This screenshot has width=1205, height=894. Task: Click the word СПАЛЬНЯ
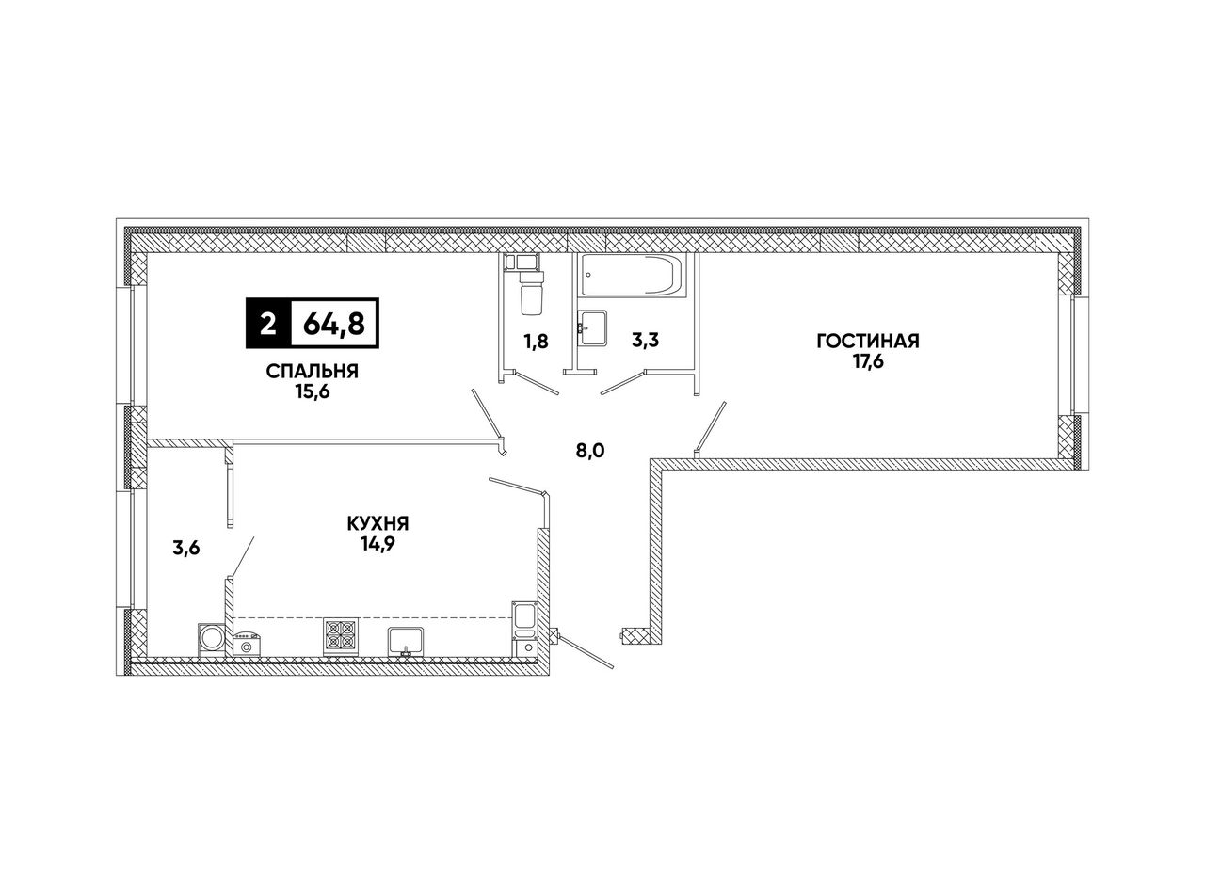[x=313, y=371]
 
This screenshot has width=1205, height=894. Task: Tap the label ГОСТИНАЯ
[x=867, y=341]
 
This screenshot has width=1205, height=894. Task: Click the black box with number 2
[x=268, y=325]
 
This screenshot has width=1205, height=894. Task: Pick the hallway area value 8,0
[x=589, y=451]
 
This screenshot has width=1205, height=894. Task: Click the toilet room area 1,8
[x=536, y=342]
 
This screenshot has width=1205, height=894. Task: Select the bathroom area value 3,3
[x=644, y=341]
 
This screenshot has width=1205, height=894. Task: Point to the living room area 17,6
[x=867, y=361]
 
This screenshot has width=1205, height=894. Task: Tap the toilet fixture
[x=531, y=286]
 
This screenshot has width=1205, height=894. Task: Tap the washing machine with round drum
[x=212, y=639]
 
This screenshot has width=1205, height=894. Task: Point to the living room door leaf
[x=710, y=428]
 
